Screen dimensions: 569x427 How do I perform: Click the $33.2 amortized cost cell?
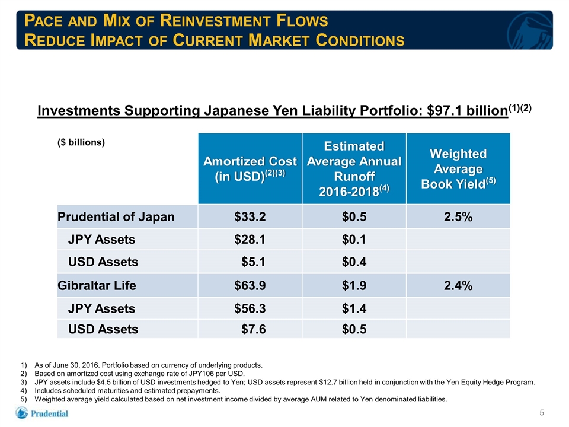tap(250, 217)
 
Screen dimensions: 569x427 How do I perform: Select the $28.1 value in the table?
tap(250, 239)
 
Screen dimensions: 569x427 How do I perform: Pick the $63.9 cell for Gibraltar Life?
tap(250, 285)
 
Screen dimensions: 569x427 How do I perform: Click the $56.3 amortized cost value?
tap(250, 308)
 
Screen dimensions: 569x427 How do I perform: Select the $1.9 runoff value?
tap(354, 285)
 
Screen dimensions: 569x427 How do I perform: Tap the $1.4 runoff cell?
tap(354, 308)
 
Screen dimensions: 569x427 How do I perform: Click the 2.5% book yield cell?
tap(458, 217)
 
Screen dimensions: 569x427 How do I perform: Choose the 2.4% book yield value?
tap(458, 285)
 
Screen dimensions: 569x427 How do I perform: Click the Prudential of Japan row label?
tap(116, 217)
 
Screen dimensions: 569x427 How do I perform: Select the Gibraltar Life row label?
tap(97, 285)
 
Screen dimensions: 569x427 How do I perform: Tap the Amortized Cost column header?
tap(250, 168)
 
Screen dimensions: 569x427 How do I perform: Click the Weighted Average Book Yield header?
tap(458, 169)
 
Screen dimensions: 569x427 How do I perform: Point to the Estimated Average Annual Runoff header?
tap(354, 168)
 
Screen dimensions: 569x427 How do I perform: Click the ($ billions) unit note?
tap(81, 142)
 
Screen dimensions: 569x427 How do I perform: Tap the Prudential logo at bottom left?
tap(41, 413)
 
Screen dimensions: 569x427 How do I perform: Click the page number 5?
tap(542, 413)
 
